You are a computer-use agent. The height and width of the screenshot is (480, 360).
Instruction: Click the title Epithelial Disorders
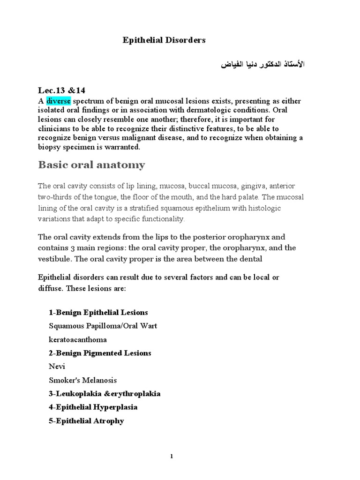pos(164,40)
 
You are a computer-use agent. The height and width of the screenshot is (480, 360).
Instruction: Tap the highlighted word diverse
pos(58,101)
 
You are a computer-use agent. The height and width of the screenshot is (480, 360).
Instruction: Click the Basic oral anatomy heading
pos(91,165)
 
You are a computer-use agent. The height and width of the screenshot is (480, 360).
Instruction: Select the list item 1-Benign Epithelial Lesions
pos(98,312)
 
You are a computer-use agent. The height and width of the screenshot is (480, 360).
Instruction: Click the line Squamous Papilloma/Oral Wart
pos(103,326)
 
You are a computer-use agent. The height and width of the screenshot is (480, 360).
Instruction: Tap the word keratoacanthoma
pos(77,339)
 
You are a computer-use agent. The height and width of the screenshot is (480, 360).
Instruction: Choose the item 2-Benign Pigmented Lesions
pos(100,352)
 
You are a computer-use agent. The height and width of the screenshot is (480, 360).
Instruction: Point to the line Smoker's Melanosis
pos(83,380)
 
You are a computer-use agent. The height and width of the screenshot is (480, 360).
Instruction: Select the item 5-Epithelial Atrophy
pos(86,421)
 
